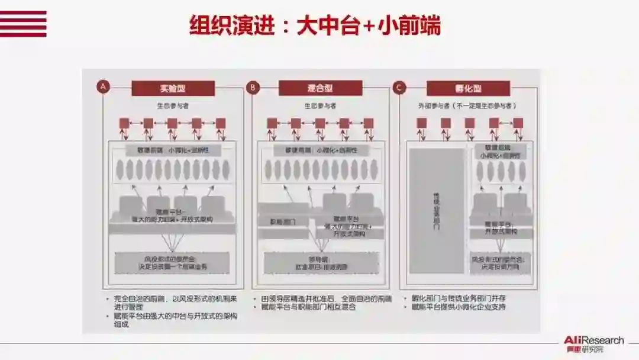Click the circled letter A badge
click(x=104, y=88)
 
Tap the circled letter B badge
click(x=253, y=88)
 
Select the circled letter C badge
click(x=399, y=88)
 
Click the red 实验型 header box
click(x=172, y=88)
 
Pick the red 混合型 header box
click(x=320, y=88)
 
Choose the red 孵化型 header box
click(x=468, y=88)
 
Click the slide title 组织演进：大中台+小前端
click(x=315, y=26)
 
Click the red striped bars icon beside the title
click(x=23, y=24)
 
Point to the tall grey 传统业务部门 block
click(x=437, y=210)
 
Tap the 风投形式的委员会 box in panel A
click(x=172, y=263)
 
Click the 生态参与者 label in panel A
click(x=172, y=106)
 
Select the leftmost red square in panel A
click(x=124, y=123)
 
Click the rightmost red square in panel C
click(x=518, y=123)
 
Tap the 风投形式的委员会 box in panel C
click(x=501, y=263)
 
